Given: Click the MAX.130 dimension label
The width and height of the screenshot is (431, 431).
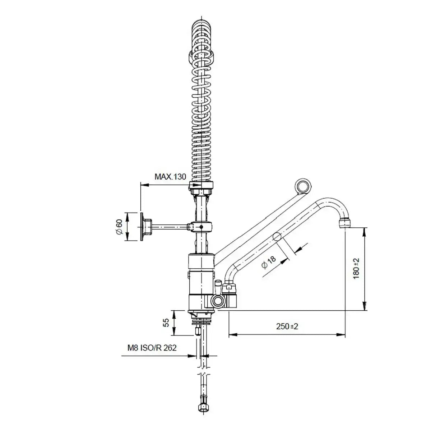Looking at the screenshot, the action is point(170,177).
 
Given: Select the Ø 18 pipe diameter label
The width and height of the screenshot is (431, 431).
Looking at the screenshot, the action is point(268,263).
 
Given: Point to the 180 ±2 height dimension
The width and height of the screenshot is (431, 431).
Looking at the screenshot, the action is point(356,268).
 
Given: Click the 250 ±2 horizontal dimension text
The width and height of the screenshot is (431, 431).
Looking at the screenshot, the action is point(287,326).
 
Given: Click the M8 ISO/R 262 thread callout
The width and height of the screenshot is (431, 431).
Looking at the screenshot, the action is point(152,348).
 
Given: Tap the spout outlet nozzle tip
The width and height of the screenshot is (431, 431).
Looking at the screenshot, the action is point(344,223).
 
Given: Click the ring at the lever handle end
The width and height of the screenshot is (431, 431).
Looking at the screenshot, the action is point(303,185).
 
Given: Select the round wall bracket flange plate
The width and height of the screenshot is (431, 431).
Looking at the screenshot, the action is point(142,227).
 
